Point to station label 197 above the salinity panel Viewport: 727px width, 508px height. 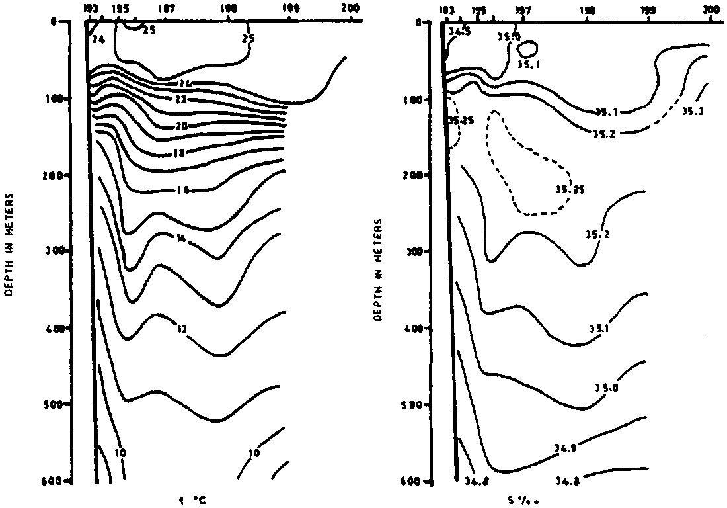(x=523, y=10)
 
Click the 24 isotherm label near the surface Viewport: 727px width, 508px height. (x=98, y=39)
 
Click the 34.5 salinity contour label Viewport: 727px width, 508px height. (x=462, y=32)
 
